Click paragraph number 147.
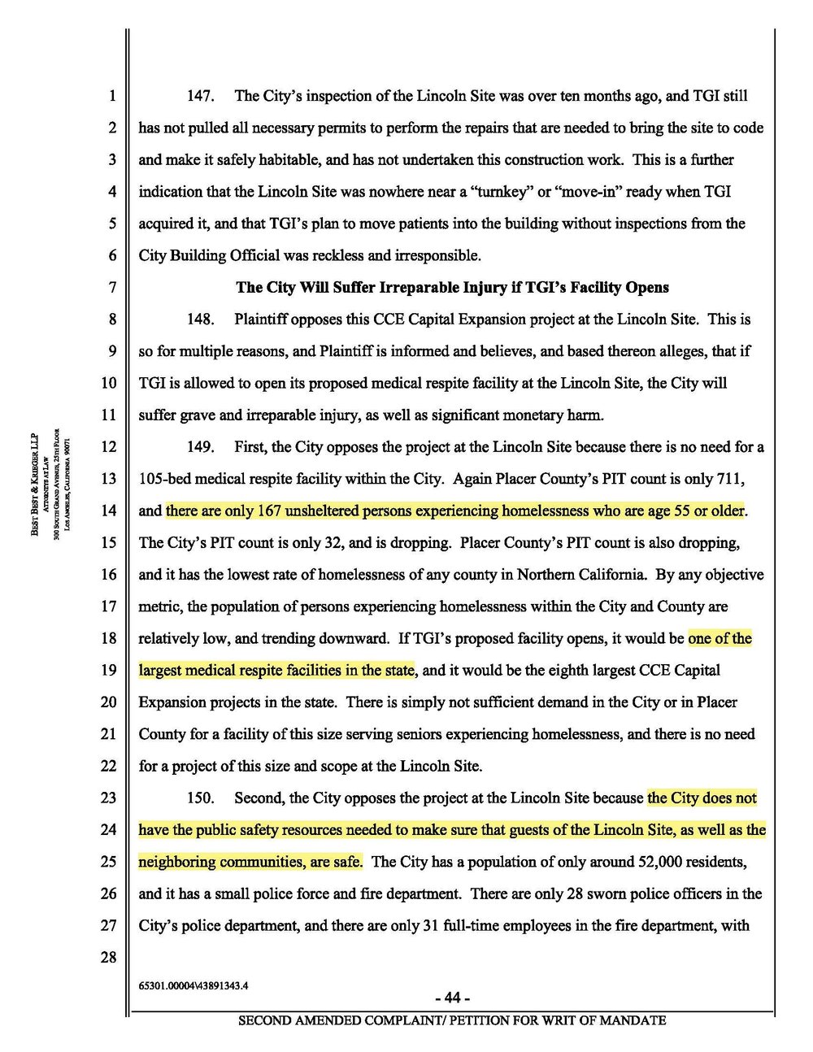[x=200, y=96]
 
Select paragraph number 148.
[x=200, y=320]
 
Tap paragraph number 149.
[x=200, y=447]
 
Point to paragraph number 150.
[x=200, y=798]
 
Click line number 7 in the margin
[x=112, y=288]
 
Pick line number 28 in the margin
[x=109, y=958]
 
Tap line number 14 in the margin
[x=109, y=511]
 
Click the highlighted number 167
[x=269, y=511]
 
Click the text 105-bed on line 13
[x=164, y=479]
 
